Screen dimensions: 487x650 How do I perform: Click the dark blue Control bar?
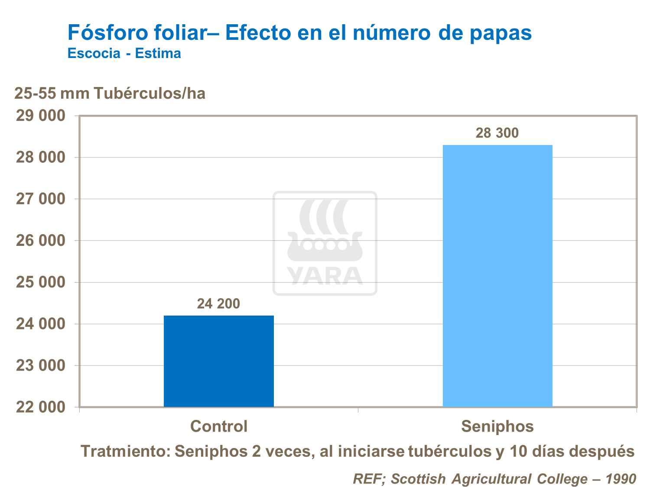coord(218,361)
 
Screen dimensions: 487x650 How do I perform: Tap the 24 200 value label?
coord(218,304)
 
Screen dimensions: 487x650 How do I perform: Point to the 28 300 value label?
coord(497,133)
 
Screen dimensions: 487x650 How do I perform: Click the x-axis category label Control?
coord(219,426)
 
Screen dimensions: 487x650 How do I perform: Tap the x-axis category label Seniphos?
coord(497,426)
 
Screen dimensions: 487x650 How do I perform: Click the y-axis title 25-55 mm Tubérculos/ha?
coord(110,93)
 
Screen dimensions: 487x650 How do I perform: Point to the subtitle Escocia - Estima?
coord(124,54)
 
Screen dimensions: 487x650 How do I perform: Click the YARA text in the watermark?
coord(325,275)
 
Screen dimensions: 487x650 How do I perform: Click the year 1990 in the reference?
coord(621,479)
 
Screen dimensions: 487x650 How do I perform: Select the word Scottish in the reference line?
coord(418,479)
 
